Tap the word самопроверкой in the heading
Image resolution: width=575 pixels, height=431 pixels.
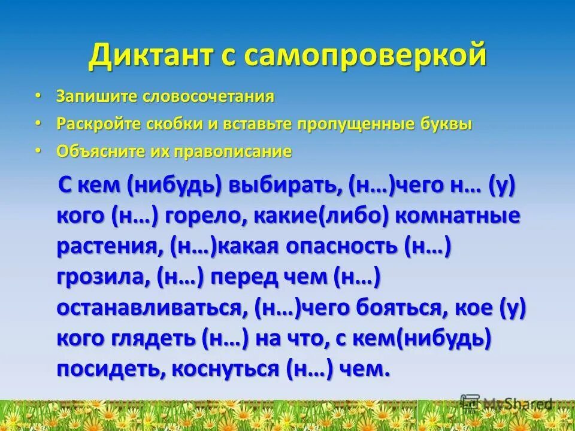[x=362, y=57]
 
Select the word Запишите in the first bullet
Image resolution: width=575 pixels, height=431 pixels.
[x=95, y=96]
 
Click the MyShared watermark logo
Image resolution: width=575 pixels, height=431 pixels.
[x=506, y=403]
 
